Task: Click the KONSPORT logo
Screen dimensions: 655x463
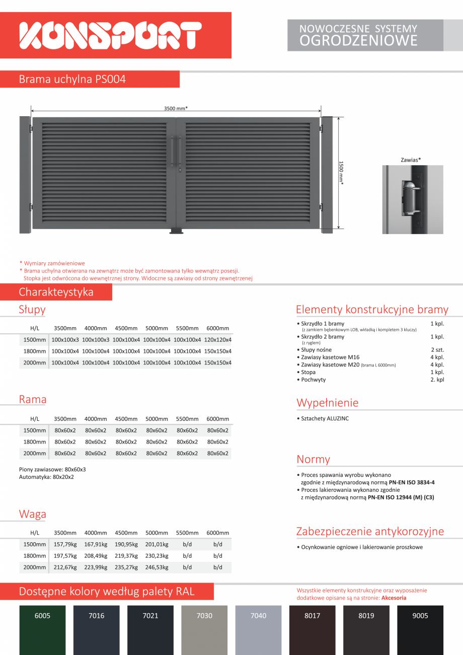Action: (x=110, y=35)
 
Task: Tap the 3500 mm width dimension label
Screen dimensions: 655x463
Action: (x=176, y=108)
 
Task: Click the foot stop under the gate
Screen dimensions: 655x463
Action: (x=177, y=232)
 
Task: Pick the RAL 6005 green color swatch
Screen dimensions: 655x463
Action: (x=42, y=629)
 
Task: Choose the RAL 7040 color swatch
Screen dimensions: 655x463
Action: (x=258, y=629)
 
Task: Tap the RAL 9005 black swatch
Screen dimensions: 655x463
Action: (x=420, y=629)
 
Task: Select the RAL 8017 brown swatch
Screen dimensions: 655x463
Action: (x=312, y=629)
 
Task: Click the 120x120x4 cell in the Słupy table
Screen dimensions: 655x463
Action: (x=217, y=340)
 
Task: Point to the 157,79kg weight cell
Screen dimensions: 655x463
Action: (x=65, y=544)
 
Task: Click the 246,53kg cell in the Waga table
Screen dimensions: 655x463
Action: (x=157, y=567)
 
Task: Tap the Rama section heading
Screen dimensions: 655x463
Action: (x=33, y=400)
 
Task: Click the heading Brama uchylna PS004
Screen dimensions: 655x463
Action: (x=72, y=79)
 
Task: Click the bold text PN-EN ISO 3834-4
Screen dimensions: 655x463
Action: (x=412, y=482)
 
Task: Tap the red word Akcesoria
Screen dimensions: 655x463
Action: (x=394, y=598)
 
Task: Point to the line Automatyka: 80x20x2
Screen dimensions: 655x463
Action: (x=46, y=477)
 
